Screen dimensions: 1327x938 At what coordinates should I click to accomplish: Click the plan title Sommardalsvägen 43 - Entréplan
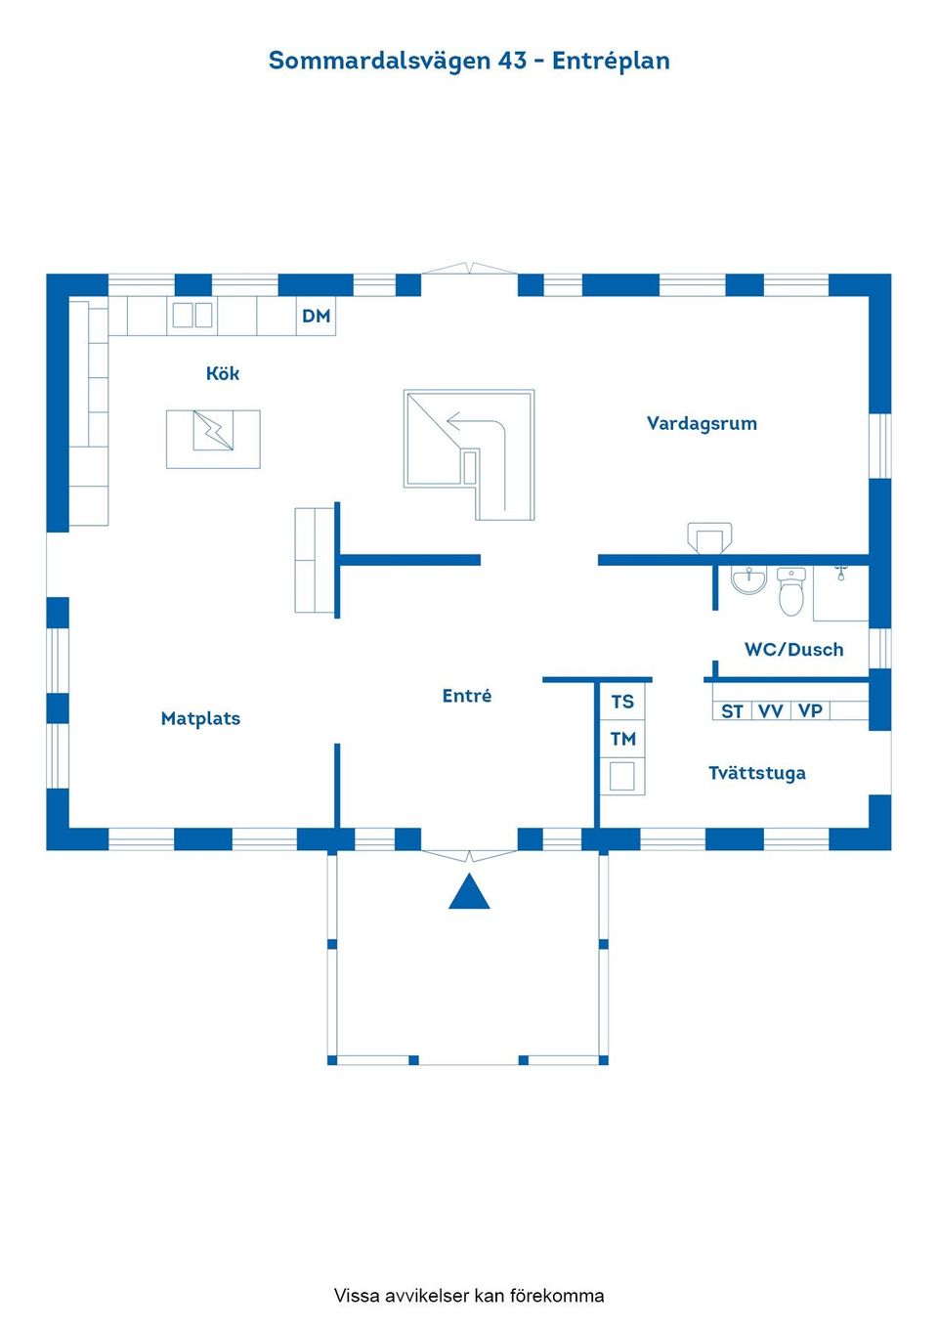[469, 61]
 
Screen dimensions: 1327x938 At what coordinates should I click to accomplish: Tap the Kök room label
[223, 373]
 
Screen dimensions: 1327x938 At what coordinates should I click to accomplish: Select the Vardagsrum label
[702, 423]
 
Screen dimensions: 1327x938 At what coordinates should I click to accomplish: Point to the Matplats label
[200, 718]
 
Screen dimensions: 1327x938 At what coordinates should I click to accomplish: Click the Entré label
[467, 696]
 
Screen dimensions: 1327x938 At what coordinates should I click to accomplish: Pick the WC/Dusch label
[793, 650]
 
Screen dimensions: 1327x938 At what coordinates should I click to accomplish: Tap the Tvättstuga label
[757, 773]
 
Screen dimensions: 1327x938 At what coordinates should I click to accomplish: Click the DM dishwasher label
[316, 316]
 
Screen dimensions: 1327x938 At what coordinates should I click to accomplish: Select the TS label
[622, 702]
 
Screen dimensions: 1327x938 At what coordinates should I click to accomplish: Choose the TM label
[622, 739]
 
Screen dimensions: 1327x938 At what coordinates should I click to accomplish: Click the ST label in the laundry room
[732, 711]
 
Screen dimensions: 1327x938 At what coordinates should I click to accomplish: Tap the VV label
[771, 711]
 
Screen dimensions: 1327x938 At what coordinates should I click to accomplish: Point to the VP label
[810, 711]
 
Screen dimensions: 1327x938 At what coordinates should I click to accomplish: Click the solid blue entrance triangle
[469, 893]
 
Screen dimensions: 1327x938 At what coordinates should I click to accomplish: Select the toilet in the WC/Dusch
[791, 592]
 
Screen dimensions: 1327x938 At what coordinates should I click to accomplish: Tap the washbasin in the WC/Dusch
[749, 580]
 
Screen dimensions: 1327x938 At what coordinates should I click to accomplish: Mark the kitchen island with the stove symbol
[213, 439]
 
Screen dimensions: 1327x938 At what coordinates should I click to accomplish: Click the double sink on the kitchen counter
[192, 315]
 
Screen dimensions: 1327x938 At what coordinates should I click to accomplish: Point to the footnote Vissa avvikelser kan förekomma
[469, 1296]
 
